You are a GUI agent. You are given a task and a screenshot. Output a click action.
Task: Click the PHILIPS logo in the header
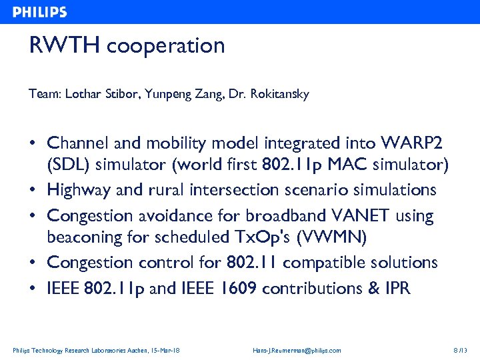[x=40, y=12]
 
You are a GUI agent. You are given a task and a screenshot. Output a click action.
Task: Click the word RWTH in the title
[x=65, y=46]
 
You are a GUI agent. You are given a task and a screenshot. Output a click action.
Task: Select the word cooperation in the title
[x=165, y=46]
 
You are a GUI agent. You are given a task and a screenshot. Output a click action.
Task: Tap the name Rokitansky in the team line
[x=280, y=95]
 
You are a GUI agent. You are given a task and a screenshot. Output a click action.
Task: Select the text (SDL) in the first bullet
[x=67, y=164]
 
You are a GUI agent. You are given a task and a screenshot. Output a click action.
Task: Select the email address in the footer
[x=297, y=351]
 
